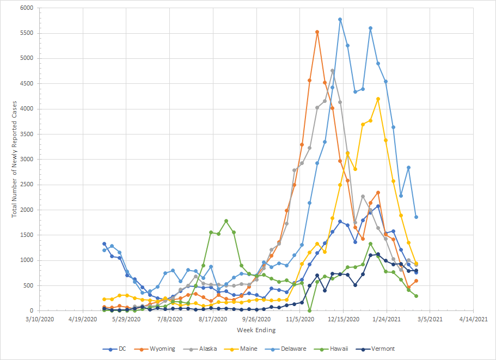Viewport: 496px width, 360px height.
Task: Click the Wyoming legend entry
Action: click(162, 349)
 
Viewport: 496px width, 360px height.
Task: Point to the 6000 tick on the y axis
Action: click(26, 8)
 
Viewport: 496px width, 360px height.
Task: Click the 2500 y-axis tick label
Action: click(26, 185)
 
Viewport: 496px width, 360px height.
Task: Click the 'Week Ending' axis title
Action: click(256, 330)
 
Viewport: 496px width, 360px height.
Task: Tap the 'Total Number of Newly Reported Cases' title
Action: click(15, 160)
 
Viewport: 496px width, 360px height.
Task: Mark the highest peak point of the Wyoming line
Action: click(317, 32)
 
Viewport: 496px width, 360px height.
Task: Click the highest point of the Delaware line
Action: click(340, 20)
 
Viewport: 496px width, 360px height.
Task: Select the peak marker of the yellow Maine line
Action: click(378, 99)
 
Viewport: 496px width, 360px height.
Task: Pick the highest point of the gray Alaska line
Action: click(332, 71)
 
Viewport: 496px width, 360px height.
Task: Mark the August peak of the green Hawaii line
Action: click(226, 221)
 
